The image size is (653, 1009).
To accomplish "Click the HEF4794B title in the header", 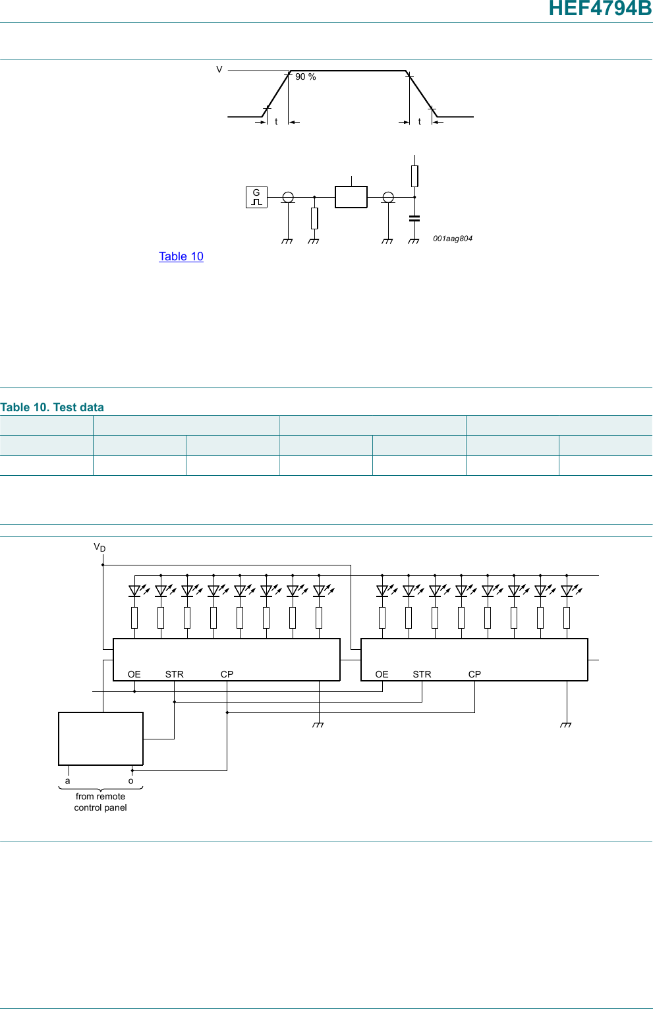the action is point(600,8).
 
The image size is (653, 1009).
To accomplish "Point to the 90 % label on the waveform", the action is point(305,77).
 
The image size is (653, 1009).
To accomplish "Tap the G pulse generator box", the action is point(256,197).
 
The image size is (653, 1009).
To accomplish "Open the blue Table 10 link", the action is point(181,256).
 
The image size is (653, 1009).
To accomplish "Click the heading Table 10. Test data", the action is point(52,407).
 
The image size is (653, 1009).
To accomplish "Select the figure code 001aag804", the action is point(453,239).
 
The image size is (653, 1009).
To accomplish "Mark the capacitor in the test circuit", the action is point(414,218).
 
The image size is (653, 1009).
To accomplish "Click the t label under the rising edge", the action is point(276,122).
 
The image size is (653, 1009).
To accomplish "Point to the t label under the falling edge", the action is point(419,122).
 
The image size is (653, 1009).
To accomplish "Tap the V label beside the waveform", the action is point(219,69).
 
